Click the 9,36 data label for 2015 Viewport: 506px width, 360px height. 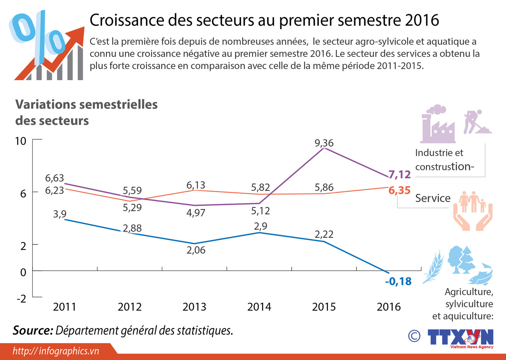[324, 143]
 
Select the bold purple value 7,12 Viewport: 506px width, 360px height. [399, 175]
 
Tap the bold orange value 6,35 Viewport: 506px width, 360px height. [399, 190]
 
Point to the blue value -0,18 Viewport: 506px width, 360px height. [398, 281]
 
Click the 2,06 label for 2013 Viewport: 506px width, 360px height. [196, 250]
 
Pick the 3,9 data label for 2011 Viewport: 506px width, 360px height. [60, 214]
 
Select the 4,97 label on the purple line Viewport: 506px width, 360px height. [196, 213]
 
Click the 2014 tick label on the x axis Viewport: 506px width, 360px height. [259, 307]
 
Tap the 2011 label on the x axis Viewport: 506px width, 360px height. [65, 307]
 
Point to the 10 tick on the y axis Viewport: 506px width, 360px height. [20, 141]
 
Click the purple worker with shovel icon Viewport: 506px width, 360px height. [477, 122]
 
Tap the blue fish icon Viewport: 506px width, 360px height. [481, 275]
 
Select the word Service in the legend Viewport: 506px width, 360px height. [432, 198]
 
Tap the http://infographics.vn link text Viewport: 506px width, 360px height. [56, 351]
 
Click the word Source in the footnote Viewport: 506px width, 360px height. [33, 330]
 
